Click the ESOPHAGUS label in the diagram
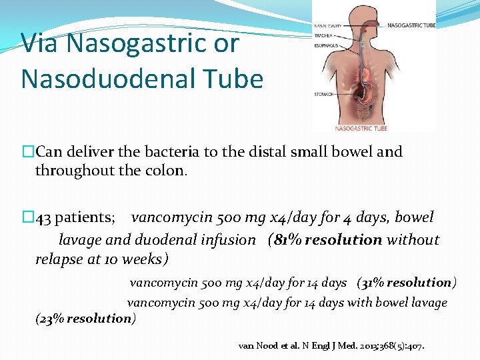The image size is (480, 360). [x=326, y=46]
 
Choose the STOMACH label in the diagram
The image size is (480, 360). [x=324, y=95]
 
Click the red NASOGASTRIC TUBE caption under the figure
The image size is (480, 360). [x=361, y=127]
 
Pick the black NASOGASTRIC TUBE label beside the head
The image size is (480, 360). [x=410, y=25]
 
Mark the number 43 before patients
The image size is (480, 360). [x=43, y=218]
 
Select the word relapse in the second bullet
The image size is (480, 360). [x=59, y=259]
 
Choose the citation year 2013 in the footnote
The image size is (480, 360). [x=370, y=346]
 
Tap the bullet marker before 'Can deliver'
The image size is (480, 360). [x=27, y=152]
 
